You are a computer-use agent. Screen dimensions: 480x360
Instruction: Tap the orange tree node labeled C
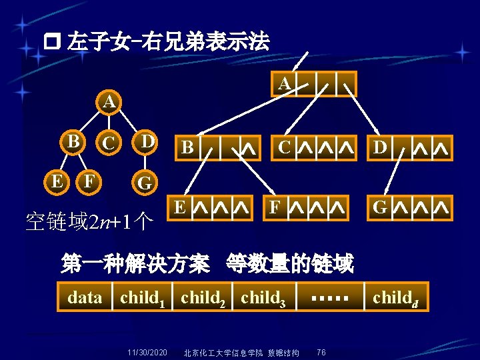(108, 143)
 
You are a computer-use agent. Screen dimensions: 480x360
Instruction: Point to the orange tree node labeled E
(58, 179)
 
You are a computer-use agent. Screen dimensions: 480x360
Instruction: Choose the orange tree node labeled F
(87, 179)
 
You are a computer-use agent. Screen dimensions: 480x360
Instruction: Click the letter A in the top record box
(284, 84)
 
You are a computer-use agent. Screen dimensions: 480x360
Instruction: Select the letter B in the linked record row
(188, 148)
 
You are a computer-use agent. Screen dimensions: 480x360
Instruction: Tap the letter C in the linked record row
(284, 147)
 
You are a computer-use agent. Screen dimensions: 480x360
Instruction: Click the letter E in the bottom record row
(179, 207)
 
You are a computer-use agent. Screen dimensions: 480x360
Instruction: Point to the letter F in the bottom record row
(274, 207)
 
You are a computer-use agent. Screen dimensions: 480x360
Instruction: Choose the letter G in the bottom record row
(380, 207)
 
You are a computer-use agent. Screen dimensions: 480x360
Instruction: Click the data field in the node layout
(85, 297)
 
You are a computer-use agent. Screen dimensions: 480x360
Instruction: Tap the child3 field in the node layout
(263, 297)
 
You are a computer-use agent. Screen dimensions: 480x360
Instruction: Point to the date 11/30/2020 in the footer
(147, 352)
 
